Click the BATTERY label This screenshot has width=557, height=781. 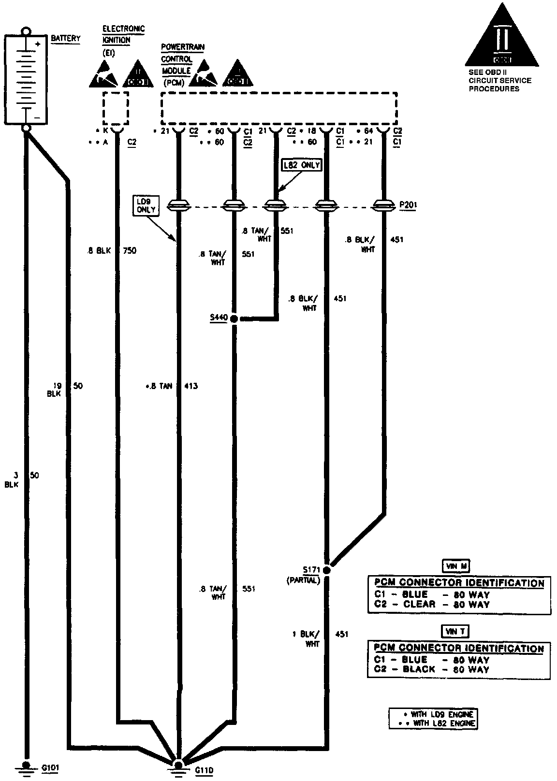66,38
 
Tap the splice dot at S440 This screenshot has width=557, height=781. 234,319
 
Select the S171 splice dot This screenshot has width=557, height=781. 327,570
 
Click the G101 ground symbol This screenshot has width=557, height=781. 26,767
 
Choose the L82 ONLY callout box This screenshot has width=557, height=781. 302,165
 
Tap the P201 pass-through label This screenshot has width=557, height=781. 408,205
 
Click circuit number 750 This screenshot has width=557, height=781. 129,251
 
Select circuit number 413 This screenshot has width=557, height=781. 191,386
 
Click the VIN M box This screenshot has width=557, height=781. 455,566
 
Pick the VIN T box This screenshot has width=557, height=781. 455,631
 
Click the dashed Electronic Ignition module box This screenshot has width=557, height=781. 116,109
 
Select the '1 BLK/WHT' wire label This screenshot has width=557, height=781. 307,639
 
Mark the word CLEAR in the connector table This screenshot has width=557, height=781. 419,604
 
